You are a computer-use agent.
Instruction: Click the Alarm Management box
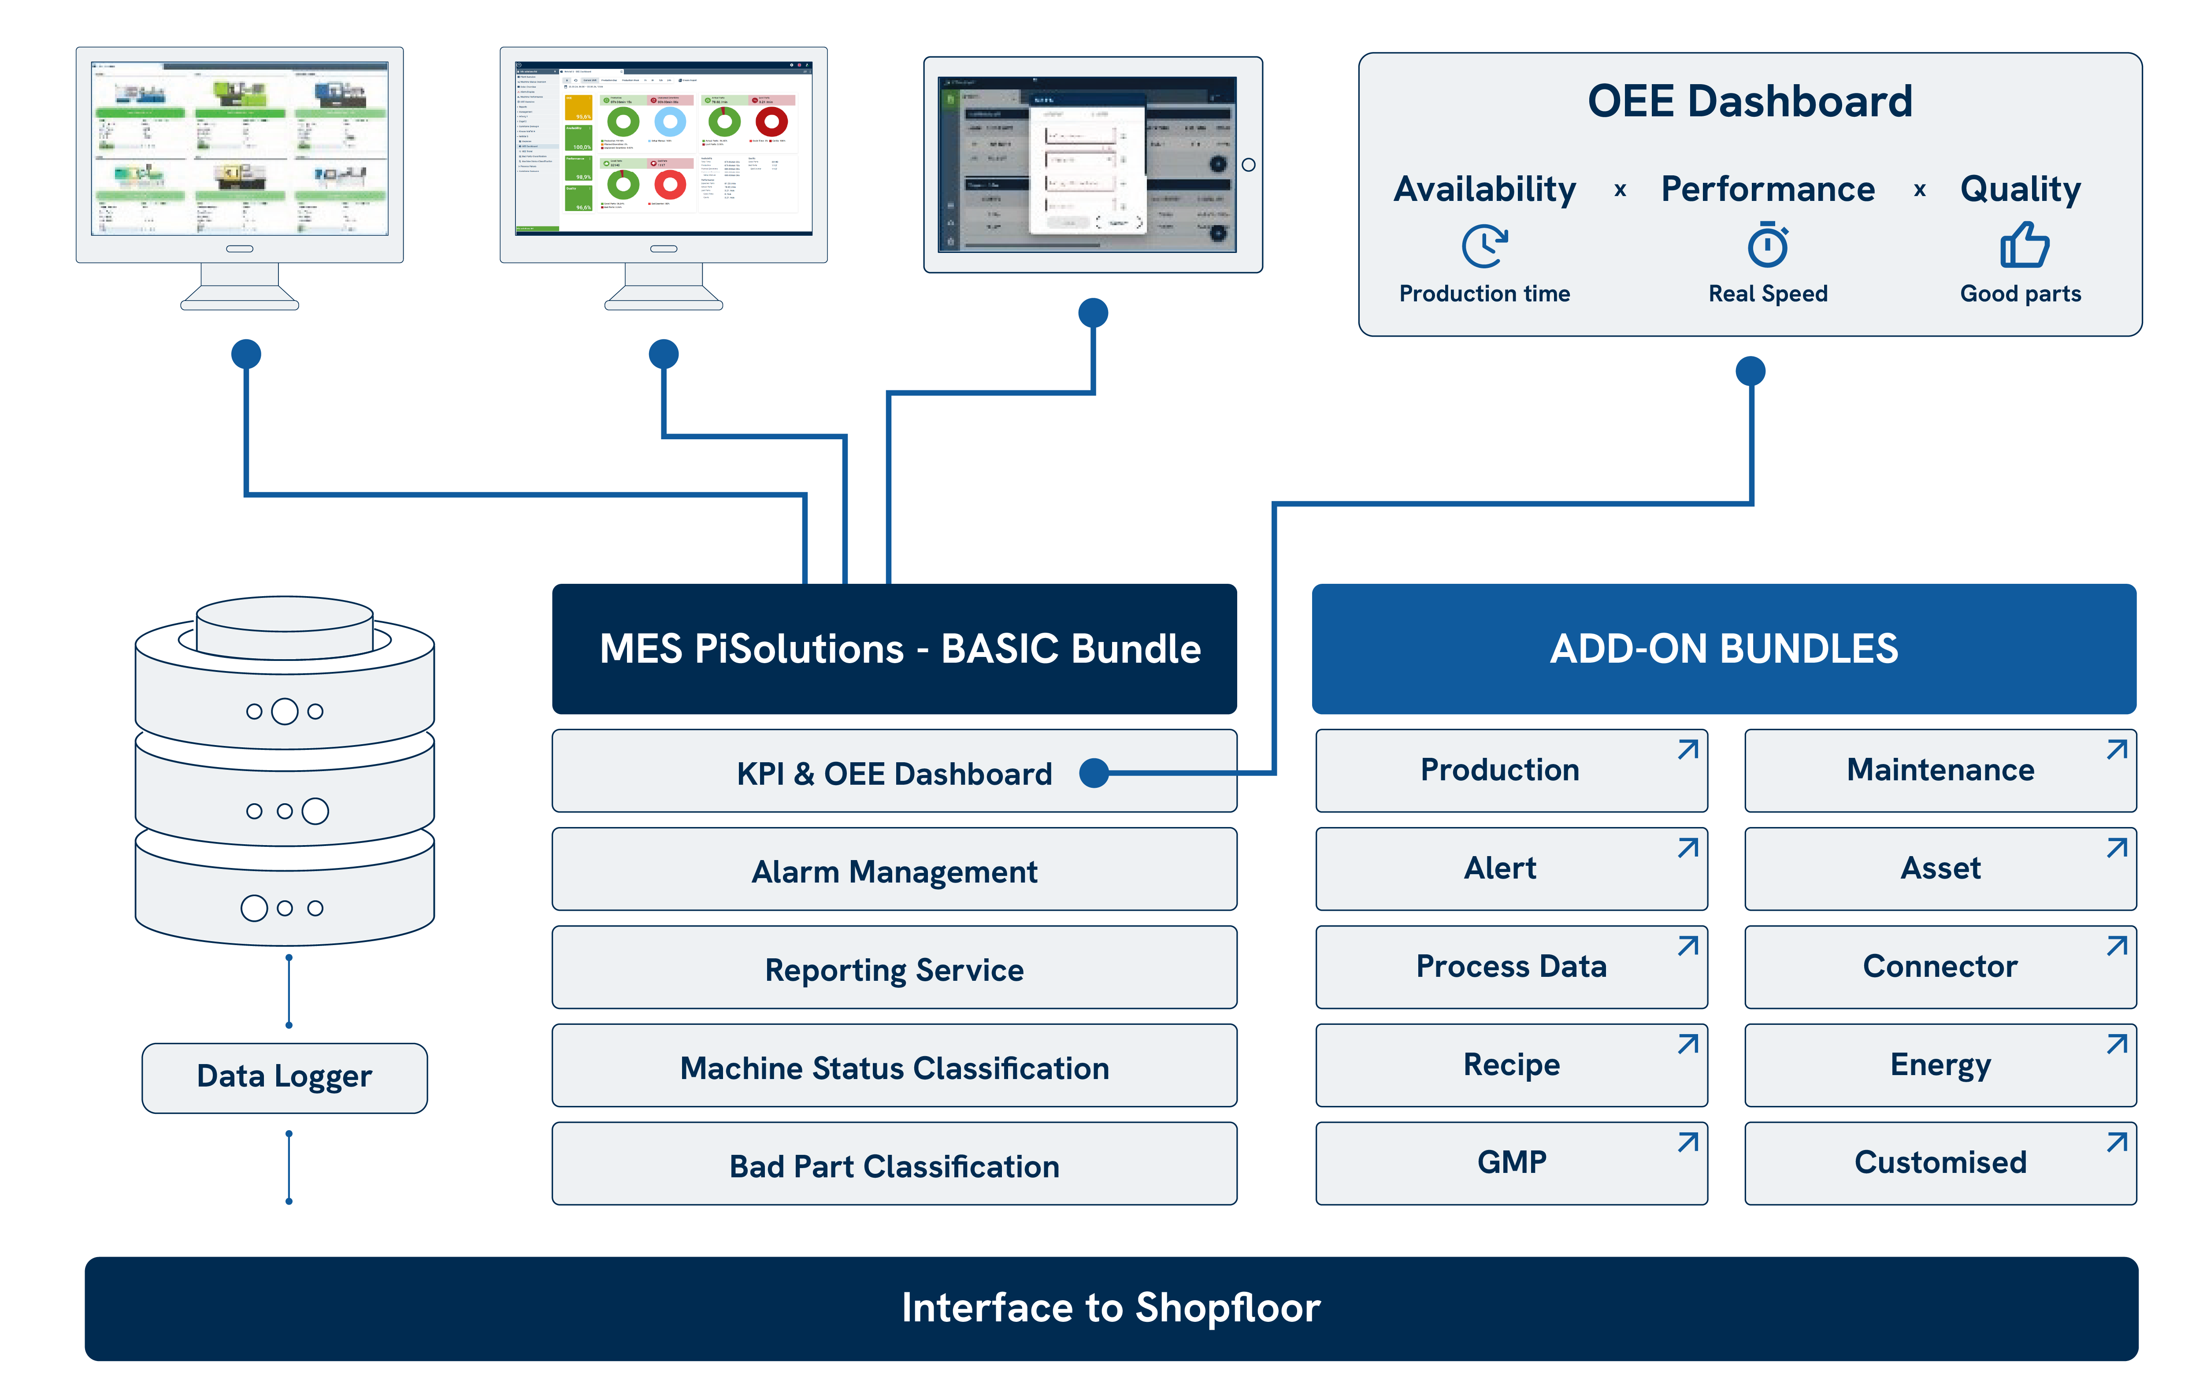point(894,870)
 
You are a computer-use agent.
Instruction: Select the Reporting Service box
point(894,968)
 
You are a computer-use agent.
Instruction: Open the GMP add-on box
point(1510,1162)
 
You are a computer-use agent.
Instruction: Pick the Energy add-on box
point(1940,1065)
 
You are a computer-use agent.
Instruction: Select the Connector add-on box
point(1940,966)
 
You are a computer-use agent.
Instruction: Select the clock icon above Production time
point(1484,245)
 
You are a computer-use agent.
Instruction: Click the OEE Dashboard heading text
point(1749,100)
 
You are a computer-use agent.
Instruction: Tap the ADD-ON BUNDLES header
point(1724,649)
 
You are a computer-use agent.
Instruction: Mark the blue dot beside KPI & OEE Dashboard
point(1094,773)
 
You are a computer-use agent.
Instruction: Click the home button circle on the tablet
point(1248,165)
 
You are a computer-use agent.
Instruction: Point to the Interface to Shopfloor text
point(1111,1308)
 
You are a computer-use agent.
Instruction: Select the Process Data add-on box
point(1510,966)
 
